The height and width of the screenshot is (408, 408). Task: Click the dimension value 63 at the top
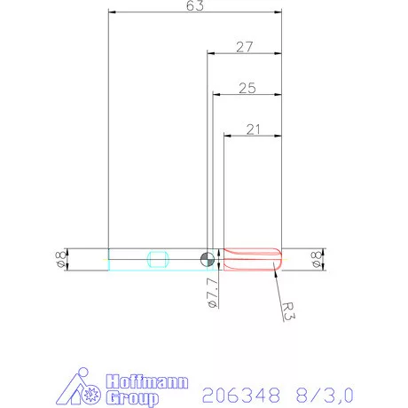(x=195, y=6)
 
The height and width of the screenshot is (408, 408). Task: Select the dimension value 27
(x=246, y=47)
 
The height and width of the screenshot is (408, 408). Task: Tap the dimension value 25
(x=247, y=88)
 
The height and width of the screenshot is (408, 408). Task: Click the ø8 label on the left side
(x=59, y=258)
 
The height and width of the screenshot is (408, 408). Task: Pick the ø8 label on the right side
(x=316, y=258)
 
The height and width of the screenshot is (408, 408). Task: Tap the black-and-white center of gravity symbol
(x=207, y=258)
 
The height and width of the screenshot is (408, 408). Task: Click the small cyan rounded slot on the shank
(x=159, y=258)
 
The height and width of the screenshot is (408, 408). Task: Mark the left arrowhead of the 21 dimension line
(x=225, y=137)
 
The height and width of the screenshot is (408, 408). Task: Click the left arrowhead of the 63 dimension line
(x=110, y=13)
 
